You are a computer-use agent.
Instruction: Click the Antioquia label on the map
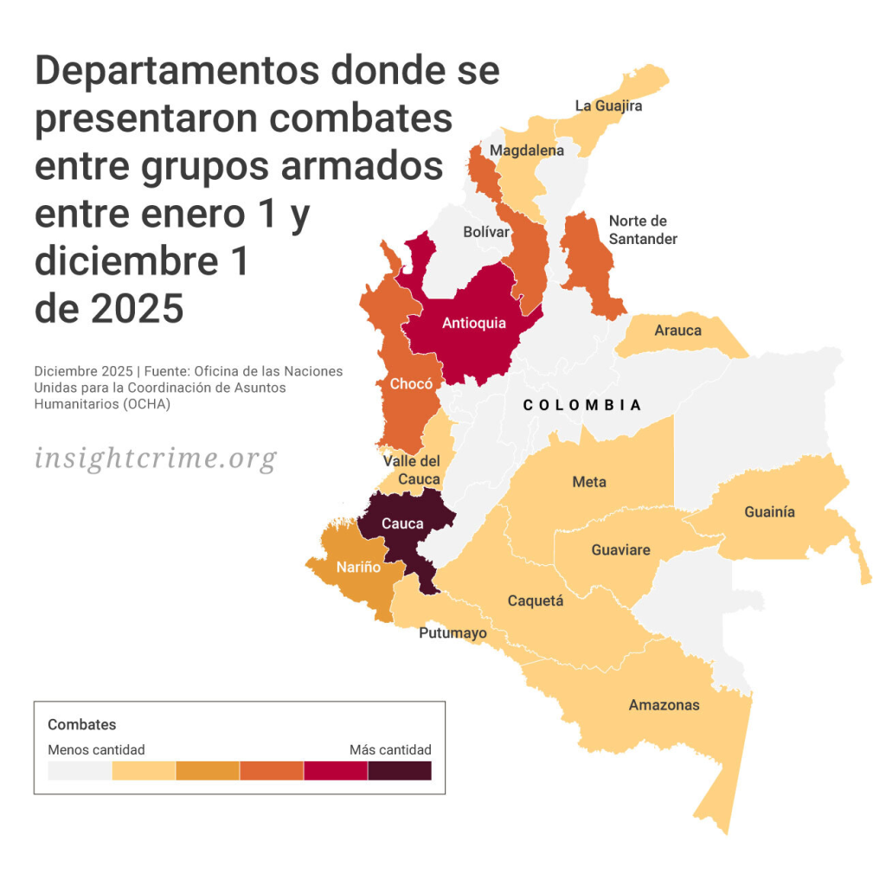click(x=474, y=324)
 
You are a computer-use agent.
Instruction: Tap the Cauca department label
click(x=402, y=523)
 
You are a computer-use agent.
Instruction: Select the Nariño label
click(x=358, y=567)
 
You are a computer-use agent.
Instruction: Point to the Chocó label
click(x=411, y=383)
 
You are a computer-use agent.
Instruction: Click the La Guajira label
click(x=608, y=106)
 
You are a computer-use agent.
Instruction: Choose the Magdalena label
click(x=526, y=151)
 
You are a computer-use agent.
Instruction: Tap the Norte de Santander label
click(x=643, y=229)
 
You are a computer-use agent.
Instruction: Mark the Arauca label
click(x=677, y=331)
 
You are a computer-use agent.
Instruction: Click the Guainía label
click(x=769, y=512)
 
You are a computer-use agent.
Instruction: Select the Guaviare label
click(x=620, y=549)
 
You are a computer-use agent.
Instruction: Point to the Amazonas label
click(x=664, y=704)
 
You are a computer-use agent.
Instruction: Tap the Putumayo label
click(x=453, y=633)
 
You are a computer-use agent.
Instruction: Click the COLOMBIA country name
click(x=582, y=405)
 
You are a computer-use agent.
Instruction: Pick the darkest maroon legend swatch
click(x=400, y=770)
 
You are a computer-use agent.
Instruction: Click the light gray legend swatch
click(x=80, y=770)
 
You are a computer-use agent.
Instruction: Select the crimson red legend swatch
click(x=336, y=770)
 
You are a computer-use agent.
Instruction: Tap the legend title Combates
click(x=81, y=725)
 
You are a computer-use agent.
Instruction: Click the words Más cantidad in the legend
click(x=390, y=749)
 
